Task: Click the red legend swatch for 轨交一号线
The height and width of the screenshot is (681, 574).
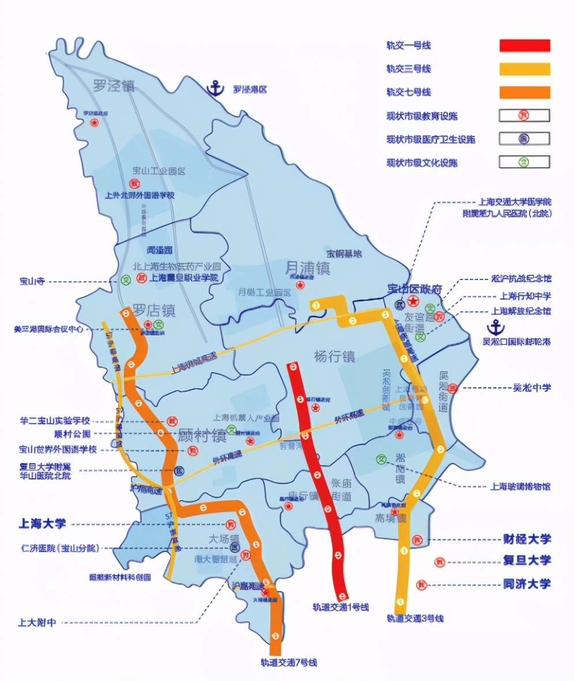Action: point(524,46)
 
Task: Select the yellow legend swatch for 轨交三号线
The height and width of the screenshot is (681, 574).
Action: point(524,69)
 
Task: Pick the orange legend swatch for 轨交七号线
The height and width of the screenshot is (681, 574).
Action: point(524,92)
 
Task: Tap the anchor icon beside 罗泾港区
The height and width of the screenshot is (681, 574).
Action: point(216,89)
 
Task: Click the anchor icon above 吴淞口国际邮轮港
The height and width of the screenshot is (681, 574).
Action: point(494,327)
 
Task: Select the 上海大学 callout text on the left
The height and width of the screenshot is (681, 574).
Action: point(42,524)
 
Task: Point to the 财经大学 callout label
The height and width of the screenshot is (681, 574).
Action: point(527,539)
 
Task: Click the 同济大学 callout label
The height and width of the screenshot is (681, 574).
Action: point(527,584)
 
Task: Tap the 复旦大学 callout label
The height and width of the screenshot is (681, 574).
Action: point(527,560)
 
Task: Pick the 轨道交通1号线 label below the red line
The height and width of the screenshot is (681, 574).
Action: point(340,607)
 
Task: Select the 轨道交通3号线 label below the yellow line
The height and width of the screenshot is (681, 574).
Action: point(415,618)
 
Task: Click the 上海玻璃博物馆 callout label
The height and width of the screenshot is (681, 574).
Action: point(520,486)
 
